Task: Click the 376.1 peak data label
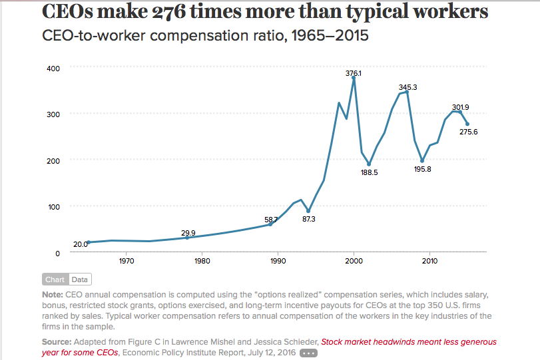click(354, 73)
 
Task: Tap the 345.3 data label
click(408, 87)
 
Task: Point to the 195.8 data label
click(423, 169)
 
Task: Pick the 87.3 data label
click(309, 219)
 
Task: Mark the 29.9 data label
click(188, 233)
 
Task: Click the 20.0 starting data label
click(81, 244)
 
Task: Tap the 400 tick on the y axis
click(53, 68)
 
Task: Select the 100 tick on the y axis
click(53, 206)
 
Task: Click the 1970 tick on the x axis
click(127, 261)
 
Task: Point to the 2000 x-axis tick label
click(354, 261)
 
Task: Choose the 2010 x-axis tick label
click(429, 261)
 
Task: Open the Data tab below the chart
click(79, 279)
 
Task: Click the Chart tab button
click(55, 279)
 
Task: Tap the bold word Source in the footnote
click(57, 341)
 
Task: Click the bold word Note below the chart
click(51, 294)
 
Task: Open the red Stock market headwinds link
click(408, 342)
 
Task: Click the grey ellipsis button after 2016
click(308, 353)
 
